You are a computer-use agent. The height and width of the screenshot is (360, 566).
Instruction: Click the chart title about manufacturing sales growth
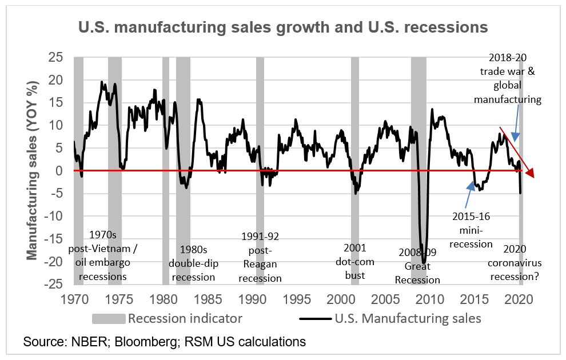pos(283,27)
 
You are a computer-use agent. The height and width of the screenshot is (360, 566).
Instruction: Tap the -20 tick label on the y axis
pos(59,261)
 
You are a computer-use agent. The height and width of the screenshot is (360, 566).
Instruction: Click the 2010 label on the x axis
pos(429,298)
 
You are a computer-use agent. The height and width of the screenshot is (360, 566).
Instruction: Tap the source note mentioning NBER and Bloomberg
pos(165,342)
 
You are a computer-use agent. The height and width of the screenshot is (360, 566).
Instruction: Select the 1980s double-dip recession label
pos(192,263)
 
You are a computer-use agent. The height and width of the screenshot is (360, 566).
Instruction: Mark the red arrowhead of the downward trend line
pos(531,173)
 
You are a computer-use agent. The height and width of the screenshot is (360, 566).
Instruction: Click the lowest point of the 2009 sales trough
pos(424,247)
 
